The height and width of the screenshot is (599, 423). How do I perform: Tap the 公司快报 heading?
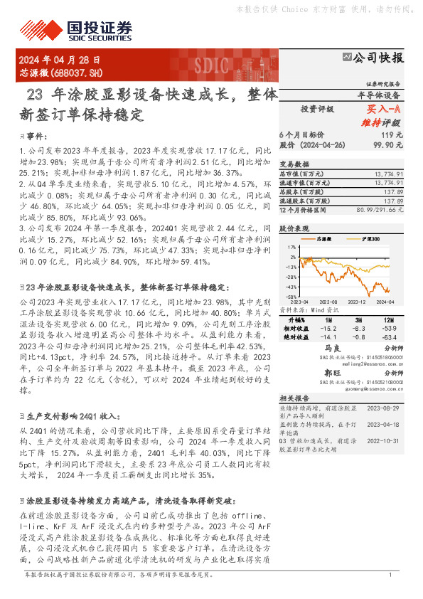click(x=378, y=58)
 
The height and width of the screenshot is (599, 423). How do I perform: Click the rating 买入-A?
click(x=384, y=110)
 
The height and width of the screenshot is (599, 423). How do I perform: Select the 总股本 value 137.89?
click(x=394, y=192)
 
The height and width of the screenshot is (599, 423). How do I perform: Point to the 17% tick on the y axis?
click(x=292, y=247)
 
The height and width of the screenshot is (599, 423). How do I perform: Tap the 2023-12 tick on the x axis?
click(x=360, y=302)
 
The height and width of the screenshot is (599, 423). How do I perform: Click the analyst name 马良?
click(x=332, y=349)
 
